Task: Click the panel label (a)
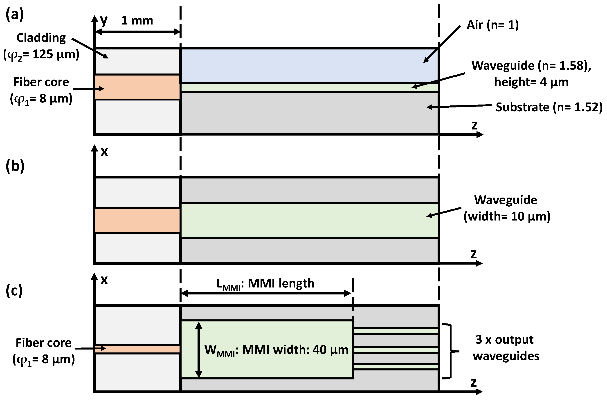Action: point(15,15)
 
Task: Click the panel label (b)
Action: point(15,167)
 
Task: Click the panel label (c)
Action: point(14,291)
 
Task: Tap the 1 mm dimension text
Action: point(137,20)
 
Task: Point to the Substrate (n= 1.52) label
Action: point(549,107)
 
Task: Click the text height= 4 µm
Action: point(531,82)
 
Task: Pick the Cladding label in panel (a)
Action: point(41,38)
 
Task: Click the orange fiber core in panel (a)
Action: point(137,87)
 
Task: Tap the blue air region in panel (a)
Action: point(307,65)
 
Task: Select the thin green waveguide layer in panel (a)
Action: point(307,87)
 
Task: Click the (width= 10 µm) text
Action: point(507,217)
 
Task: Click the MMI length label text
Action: point(265,284)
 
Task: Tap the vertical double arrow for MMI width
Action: point(199,350)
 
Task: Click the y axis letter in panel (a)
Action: point(104,20)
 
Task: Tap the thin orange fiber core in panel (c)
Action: point(137,349)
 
